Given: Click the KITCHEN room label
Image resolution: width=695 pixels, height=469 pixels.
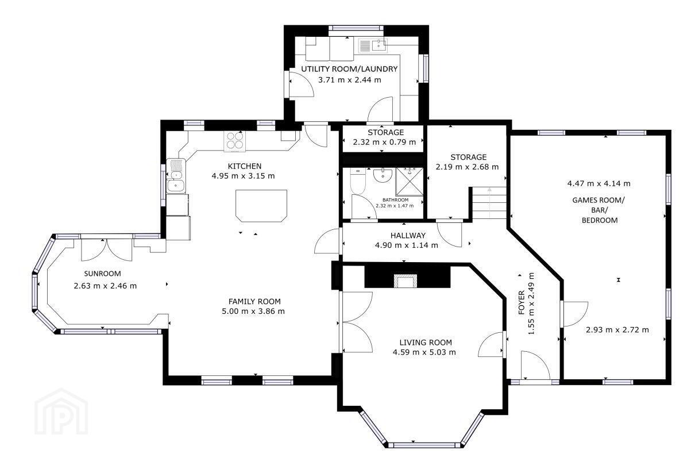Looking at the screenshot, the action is click(245, 166).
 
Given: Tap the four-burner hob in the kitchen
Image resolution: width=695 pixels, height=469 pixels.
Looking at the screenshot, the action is click(234, 141).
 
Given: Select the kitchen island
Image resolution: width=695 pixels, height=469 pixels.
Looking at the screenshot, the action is click(261, 206).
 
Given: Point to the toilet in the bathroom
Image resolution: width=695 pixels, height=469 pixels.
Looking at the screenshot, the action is click(358, 181).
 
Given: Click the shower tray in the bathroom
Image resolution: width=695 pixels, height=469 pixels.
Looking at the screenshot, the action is click(409, 182).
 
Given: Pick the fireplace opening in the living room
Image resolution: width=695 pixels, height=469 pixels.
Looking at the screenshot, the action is click(406, 280).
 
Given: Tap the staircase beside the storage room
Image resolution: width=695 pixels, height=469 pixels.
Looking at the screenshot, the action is click(489, 203).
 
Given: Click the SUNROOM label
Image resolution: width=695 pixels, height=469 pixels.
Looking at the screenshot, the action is click(102, 274).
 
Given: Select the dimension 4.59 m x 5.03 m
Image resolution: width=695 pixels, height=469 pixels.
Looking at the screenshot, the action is click(424, 352).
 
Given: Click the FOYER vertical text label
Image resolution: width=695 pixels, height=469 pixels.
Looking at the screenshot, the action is click(522, 303).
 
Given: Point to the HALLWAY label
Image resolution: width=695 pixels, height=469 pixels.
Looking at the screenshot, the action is click(408, 236).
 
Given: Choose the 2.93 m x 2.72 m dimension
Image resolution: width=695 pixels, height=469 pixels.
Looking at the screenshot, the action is click(617, 330).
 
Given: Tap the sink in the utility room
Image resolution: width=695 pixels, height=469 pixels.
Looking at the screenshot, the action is click(380, 45).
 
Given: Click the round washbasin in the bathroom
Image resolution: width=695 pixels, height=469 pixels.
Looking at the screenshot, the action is click(383, 175).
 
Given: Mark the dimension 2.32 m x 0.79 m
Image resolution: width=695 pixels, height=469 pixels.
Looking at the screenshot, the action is click(384, 142).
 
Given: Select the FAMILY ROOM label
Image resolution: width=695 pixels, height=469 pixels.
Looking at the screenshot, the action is click(254, 301).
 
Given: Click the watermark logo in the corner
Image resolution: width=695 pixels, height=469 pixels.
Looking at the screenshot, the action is click(61, 412).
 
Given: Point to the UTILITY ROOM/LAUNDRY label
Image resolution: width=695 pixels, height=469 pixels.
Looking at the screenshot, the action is click(349, 69).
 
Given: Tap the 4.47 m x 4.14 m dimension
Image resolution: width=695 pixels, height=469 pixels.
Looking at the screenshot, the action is click(599, 183).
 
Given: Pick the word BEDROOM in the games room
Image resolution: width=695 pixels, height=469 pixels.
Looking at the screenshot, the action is click(600, 220).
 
